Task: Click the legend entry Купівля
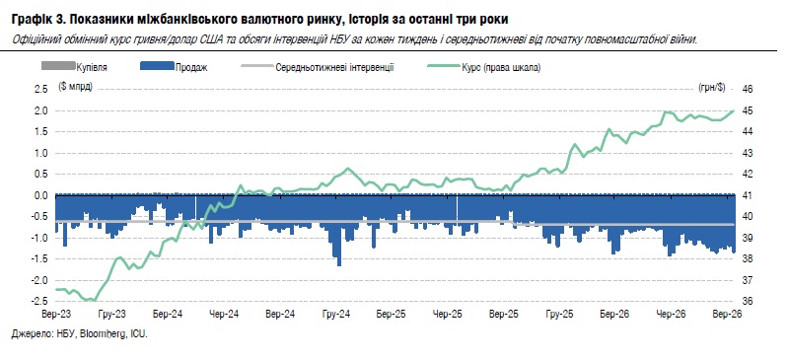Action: [x=92, y=67]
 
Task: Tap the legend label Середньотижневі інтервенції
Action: [x=334, y=67]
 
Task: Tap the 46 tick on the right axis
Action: [x=748, y=90]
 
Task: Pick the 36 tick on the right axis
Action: [x=748, y=301]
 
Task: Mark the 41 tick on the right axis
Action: [x=748, y=195]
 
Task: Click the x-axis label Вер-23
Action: [x=56, y=315]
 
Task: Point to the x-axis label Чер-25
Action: [x=448, y=315]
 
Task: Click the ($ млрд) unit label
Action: [x=75, y=86]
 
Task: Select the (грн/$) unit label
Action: [x=712, y=87]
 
